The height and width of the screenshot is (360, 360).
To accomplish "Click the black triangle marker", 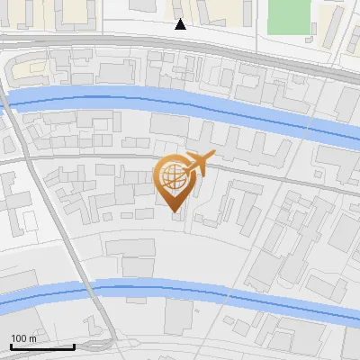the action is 181,24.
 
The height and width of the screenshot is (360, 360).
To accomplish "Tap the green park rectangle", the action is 288,15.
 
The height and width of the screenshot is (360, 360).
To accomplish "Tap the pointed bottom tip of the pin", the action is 175,212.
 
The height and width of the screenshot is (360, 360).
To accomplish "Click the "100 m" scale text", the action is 23,338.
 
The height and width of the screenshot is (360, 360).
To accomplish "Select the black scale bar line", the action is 42,346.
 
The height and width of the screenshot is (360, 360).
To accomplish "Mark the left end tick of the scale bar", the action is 11,345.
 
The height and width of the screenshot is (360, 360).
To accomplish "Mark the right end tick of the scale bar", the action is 74,345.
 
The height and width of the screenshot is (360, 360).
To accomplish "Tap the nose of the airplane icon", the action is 213,158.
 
